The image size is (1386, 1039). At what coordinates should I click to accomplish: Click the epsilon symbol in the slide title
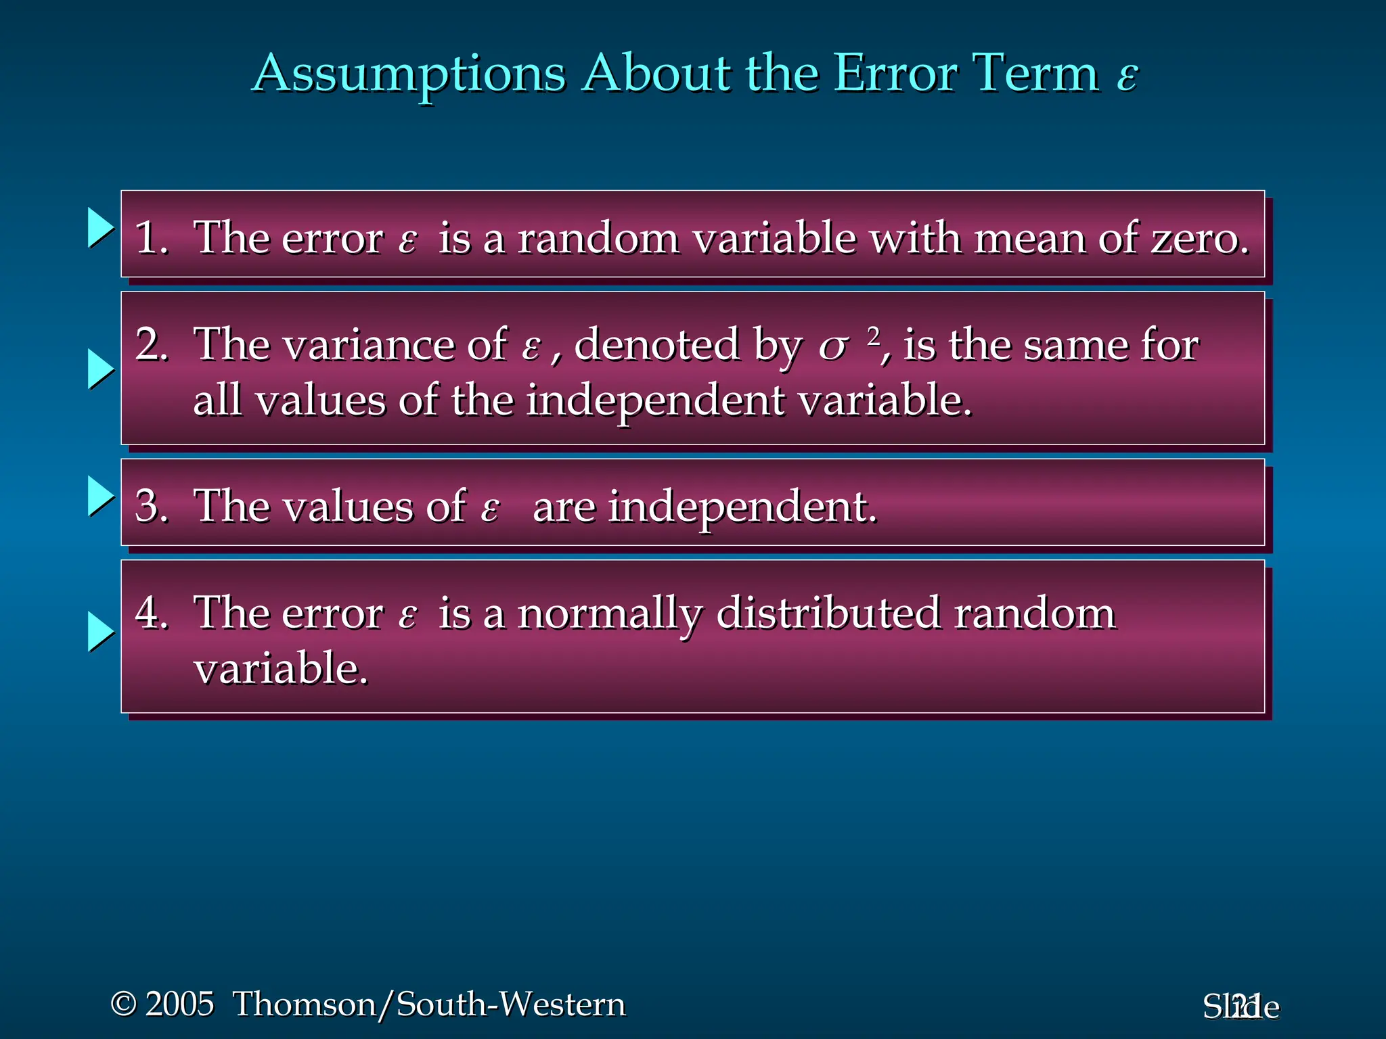[x=1127, y=76]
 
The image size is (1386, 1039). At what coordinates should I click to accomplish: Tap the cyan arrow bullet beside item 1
[x=101, y=227]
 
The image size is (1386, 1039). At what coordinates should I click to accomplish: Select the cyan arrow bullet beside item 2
[x=101, y=369]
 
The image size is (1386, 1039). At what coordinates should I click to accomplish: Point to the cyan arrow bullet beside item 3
[x=101, y=496]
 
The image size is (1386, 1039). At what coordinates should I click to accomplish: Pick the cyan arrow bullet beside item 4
[x=101, y=632]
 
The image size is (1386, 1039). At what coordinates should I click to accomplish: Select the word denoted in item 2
[x=656, y=345]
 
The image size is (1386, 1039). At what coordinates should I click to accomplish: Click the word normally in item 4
[x=609, y=614]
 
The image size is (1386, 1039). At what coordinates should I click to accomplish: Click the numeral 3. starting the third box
[x=151, y=506]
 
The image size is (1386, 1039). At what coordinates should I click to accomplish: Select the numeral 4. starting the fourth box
[x=151, y=613]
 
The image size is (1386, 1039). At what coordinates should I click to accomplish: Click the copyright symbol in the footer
[x=123, y=1003]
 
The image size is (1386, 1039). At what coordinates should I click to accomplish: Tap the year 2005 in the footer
[x=179, y=1004]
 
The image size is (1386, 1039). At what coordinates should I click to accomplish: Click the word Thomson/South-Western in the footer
[x=429, y=1004]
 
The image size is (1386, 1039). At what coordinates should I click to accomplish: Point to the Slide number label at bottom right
[x=1240, y=1007]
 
